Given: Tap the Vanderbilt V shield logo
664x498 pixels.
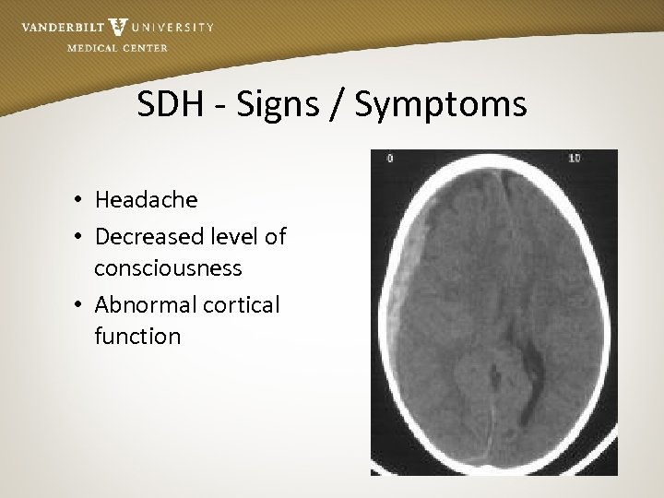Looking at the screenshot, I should point(118,27).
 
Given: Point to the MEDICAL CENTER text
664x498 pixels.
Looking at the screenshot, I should point(117,48).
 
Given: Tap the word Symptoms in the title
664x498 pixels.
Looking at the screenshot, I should point(441,104).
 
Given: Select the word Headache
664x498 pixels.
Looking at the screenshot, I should point(146,200).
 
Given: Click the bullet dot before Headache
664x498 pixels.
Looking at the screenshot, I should point(81,201).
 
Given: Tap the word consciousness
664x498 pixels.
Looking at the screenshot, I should point(168,268).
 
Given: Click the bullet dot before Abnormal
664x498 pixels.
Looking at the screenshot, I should point(81,305).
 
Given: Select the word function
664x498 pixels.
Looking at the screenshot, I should point(137,336).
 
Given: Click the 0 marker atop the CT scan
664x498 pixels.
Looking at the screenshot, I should point(389,158).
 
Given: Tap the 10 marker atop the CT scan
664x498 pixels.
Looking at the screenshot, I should point(574,158).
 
